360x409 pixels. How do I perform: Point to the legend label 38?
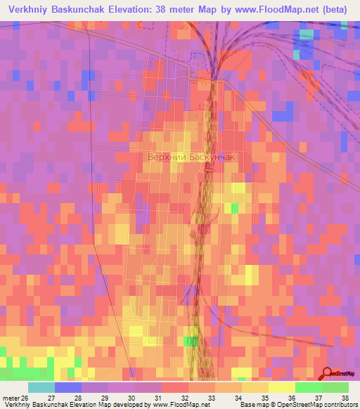click(344, 397)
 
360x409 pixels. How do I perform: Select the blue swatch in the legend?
click(68, 387)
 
